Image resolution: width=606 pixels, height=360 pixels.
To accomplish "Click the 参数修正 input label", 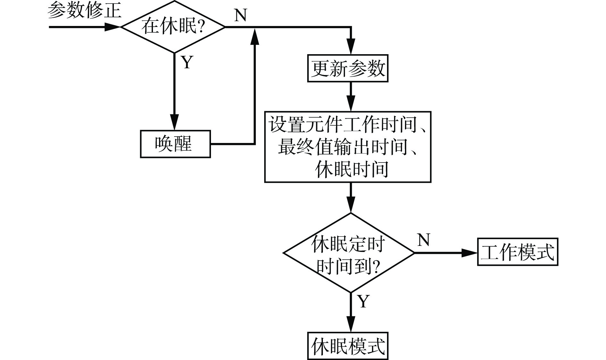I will click(84, 10).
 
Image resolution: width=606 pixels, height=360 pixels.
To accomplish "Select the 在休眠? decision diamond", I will click(173, 27).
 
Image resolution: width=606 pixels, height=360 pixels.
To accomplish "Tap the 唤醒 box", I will click(175, 144).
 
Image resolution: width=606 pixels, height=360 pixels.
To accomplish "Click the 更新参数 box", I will click(348, 68).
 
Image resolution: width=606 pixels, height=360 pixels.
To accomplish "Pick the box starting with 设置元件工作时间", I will click(348, 147).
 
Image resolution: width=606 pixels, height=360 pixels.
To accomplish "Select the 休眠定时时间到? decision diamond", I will click(349, 253).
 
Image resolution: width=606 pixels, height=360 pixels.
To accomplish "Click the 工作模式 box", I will click(518, 252).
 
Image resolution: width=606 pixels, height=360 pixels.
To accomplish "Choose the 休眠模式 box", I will click(348, 346).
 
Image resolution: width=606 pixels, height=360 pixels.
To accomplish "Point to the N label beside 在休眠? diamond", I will click(240, 15).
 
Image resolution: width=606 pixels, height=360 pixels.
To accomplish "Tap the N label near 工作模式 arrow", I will click(423, 240).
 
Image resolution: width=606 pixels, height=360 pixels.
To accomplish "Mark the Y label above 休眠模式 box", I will click(363, 301).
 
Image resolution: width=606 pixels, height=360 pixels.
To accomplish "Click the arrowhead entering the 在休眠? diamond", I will click(113, 27).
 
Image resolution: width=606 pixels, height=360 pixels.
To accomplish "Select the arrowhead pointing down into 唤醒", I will click(175, 123).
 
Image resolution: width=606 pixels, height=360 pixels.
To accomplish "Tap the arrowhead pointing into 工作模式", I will click(470, 253).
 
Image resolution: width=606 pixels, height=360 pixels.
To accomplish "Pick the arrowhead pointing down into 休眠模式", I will click(351, 325).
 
